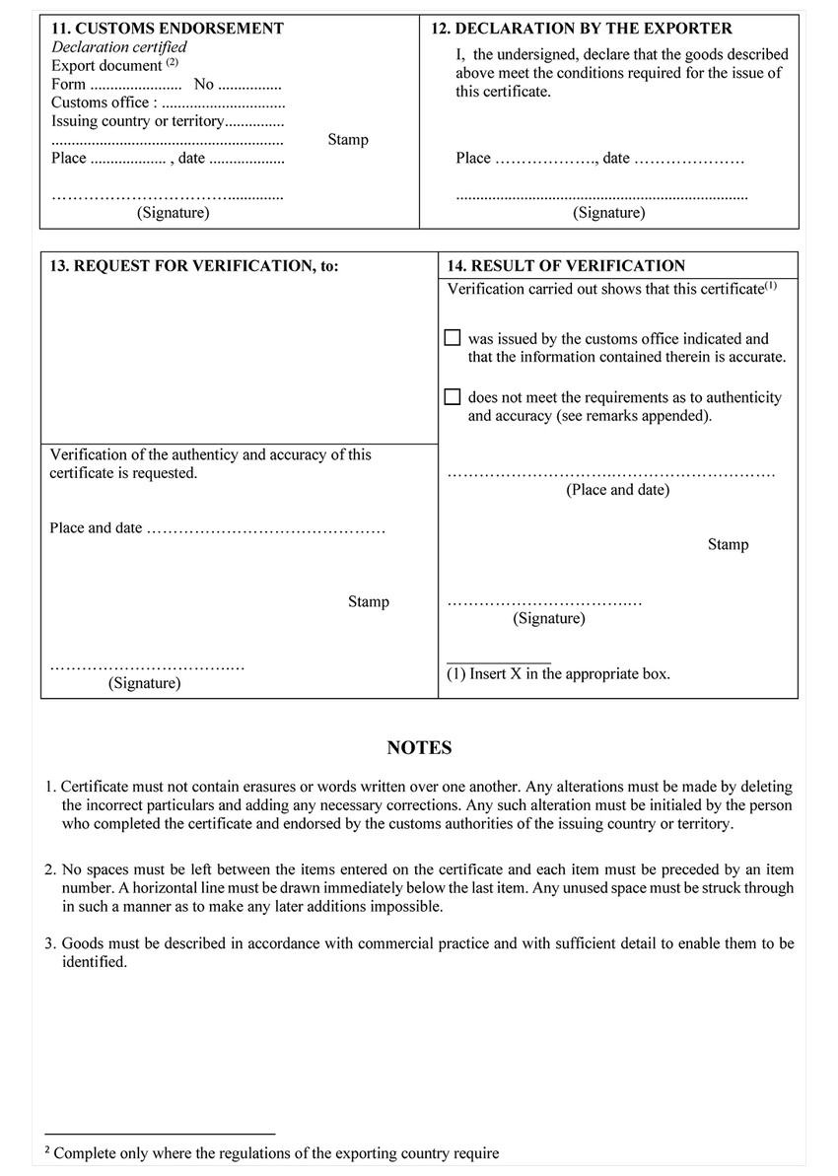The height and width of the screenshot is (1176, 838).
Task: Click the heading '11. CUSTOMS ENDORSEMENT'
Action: [167, 29]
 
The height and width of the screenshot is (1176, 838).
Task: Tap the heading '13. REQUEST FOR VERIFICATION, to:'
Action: [193, 266]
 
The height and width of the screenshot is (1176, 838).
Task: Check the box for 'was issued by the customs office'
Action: [453, 338]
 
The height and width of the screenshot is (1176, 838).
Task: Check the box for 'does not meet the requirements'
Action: [453, 397]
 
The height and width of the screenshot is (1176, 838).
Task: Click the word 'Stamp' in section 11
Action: [348, 140]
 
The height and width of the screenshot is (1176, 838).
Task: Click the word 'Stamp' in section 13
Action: [368, 602]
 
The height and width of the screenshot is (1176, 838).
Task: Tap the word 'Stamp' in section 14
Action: [728, 545]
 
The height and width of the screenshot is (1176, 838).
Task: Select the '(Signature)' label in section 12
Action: [608, 213]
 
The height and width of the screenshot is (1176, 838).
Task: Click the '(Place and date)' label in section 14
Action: [617, 490]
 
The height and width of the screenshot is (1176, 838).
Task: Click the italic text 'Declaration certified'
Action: [118, 47]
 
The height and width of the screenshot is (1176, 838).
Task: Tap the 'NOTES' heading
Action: [419, 748]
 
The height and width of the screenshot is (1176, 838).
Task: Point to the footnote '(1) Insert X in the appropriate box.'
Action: [558, 674]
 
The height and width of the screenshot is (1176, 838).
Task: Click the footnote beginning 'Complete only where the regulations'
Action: [276, 1153]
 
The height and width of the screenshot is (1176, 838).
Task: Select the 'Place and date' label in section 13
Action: [96, 528]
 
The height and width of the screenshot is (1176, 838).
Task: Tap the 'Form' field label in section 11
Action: [68, 85]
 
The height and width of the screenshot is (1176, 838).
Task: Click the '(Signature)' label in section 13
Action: [144, 683]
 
